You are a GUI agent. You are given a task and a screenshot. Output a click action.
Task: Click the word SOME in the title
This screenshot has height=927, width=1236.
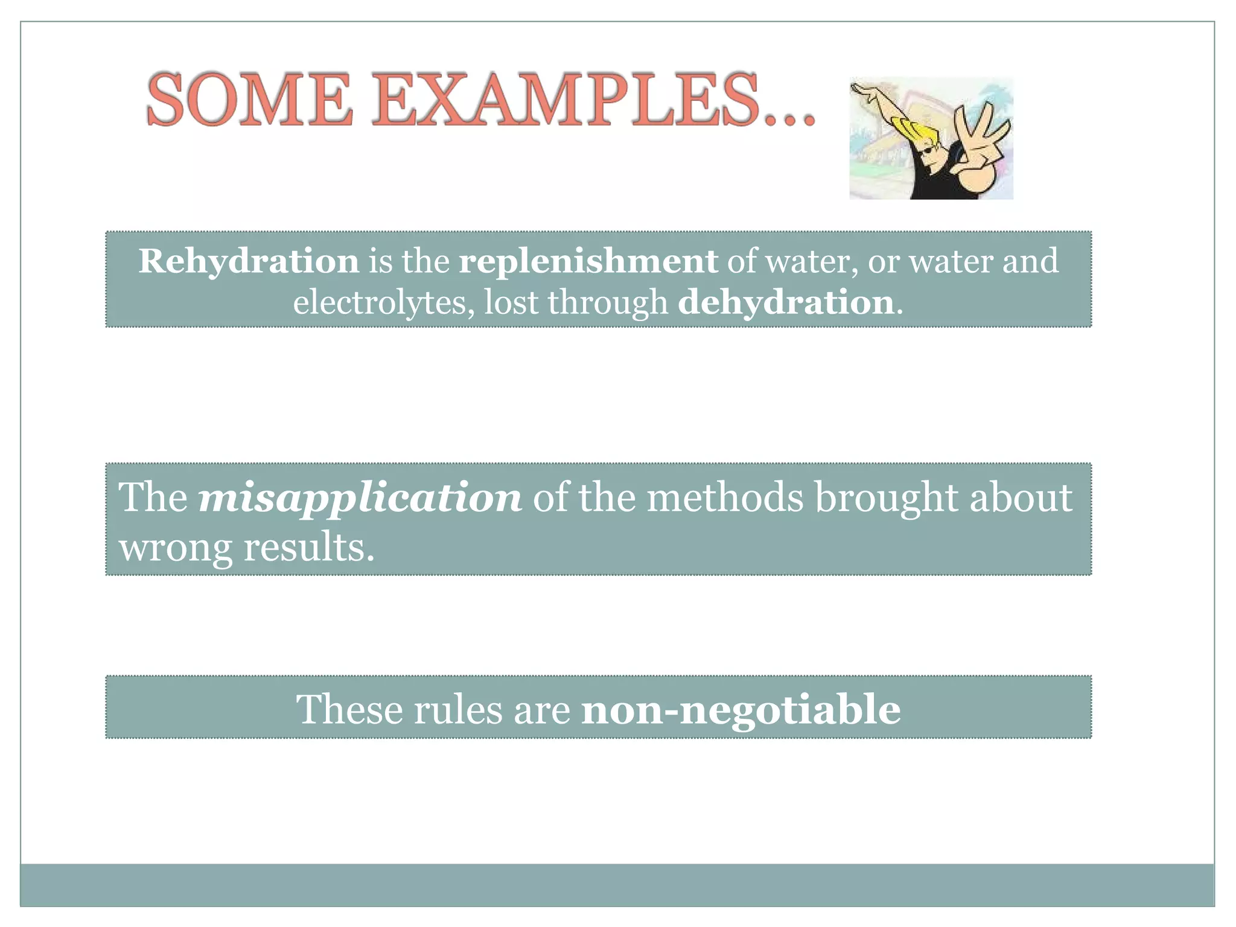tap(249, 100)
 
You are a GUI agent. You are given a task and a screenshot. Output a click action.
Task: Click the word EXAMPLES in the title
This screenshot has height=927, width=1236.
tap(565, 100)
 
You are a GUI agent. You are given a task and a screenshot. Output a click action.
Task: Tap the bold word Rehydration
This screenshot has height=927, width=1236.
tap(249, 261)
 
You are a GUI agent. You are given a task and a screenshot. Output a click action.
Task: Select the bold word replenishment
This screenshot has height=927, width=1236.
tap(588, 261)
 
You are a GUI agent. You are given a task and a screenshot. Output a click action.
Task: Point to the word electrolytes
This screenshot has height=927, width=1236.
tap(380, 302)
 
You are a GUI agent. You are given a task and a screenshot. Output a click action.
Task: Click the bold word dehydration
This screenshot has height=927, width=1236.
tap(786, 302)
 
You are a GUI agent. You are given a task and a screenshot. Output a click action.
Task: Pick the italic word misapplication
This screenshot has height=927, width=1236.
tap(360, 498)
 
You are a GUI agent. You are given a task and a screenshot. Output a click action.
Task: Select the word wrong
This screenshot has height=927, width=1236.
tap(175, 548)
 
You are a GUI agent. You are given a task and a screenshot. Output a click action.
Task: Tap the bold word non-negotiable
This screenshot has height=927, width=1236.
tap(741, 710)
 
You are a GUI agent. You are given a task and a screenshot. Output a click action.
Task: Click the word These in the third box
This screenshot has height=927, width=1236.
tap(349, 709)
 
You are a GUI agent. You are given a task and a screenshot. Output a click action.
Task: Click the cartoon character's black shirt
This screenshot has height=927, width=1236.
tap(932, 181)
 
